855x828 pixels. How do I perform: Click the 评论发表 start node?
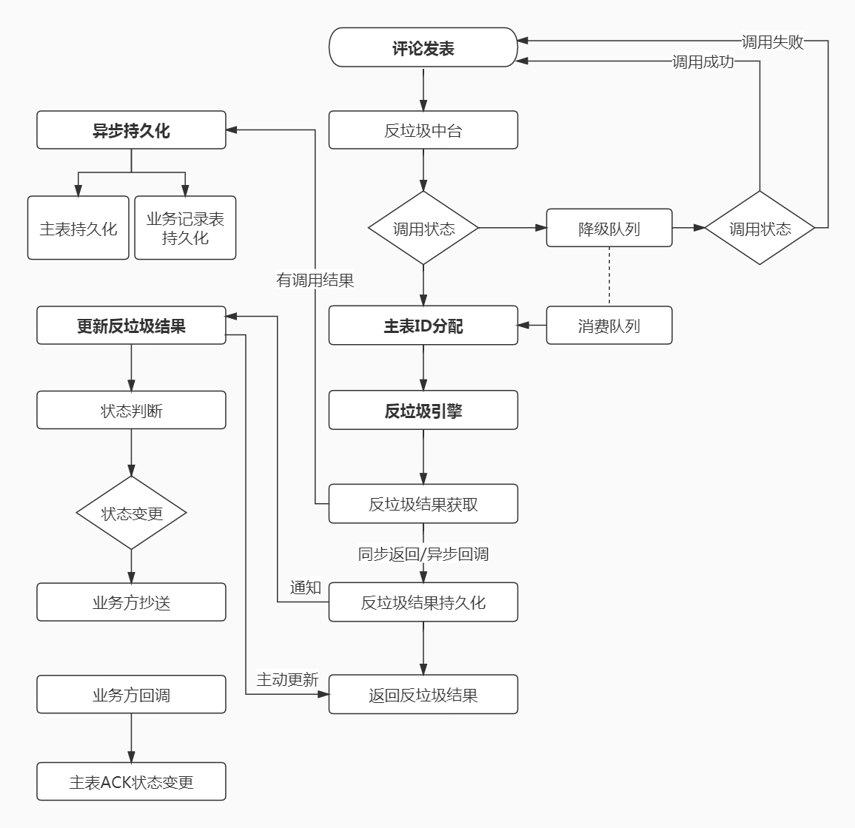[423, 48]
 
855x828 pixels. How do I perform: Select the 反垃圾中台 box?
[423, 131]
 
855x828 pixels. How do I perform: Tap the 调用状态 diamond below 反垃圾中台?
[423, 229]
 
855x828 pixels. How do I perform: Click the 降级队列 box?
[608, 229]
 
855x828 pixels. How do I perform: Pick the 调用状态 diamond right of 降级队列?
[760, 229]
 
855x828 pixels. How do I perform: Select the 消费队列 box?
[608, 326]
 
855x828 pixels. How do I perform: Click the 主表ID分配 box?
[423, 326]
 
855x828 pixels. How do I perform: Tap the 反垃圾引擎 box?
[423, 411]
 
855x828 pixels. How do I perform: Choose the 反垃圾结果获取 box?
[423, 505]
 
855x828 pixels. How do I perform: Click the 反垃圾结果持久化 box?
[423, 602]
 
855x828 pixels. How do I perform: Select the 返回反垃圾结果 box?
[423, 695]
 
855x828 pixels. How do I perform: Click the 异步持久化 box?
[131, 131]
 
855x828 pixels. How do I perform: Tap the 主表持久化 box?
[78, 229]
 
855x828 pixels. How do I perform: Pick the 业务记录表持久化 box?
[185, 229]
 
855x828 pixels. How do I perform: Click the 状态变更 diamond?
[131, 513]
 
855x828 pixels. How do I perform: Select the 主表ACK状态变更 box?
[131, 782]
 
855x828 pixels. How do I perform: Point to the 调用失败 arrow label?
[772, 41]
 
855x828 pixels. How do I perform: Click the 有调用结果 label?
[315, 280]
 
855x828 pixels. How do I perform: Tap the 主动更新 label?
[287, 679]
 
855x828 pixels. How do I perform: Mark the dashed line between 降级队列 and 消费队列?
[609, 277]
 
